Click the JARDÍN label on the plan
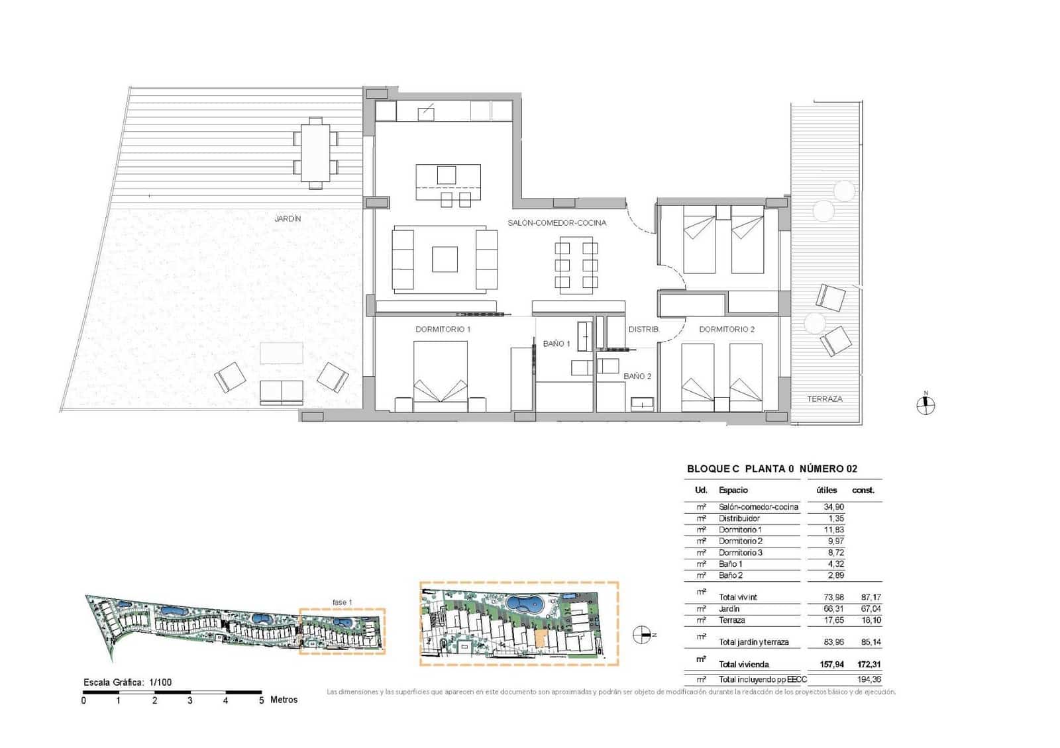[288, 218]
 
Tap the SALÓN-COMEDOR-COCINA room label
[556, 223]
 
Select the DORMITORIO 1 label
[443, 329]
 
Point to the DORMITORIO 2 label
[727, 329]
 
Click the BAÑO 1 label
[556, 344]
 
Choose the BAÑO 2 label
[637, 376]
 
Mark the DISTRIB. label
[643, 329]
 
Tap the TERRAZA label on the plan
[824, 399]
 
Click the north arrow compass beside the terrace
[926, 404]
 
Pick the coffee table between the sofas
[445, 259]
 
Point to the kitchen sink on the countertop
[426, 113]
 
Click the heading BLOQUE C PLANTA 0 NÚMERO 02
[772, 469]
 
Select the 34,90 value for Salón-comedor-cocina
[833, 507]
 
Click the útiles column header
[826, 491]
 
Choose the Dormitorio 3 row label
[740, 553]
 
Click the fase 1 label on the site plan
[342, 602]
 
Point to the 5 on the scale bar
[261, 700]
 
